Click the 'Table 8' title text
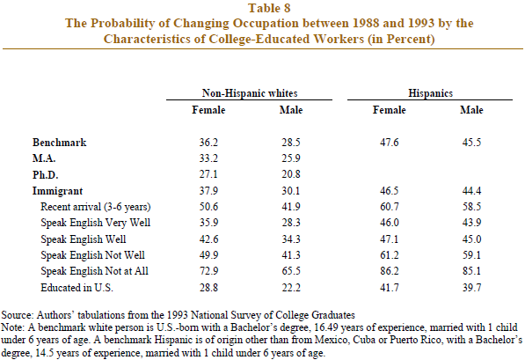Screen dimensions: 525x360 [x=269, y=8]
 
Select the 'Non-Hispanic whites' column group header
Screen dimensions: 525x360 [x=250, y=92]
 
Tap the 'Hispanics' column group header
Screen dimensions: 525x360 [x=430, y=92]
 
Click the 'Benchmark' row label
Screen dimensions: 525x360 [x=59, y=143]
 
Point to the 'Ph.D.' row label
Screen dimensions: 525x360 [x=45, y=174]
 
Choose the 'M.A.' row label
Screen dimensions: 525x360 [x=44, y=158]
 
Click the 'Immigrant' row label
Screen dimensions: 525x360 [x=57, y=191]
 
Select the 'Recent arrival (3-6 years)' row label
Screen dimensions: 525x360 [x=96, y=207]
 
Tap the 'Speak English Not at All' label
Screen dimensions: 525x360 [x=94, y=271]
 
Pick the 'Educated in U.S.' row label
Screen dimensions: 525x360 [x=77, y=288]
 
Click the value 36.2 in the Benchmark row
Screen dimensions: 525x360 [x=208, y=143]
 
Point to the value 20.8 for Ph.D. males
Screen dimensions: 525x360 [x=290, y=174]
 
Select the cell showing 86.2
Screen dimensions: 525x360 [x=389, y=271]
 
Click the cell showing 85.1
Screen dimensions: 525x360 [x=471, y=271]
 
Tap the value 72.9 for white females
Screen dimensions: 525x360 [x=208, y=271]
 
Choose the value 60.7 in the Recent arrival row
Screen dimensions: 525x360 [x=389, y=207]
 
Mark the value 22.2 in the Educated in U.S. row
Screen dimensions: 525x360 [x=290, y=288]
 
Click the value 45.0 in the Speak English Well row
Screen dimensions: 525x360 [x=471, y=239]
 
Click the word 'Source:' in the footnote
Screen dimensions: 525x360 [x=18, y=315]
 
